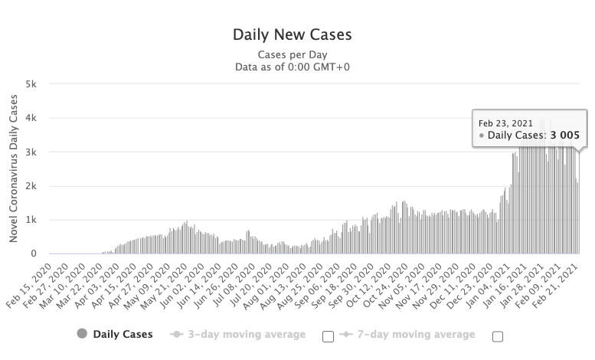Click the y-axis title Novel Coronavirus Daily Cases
pyautogui.click(x=14, y=169)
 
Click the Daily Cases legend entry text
pyautogui.click(x=123, y=334)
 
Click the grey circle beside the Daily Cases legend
pyautogui.click(x=82, y=334)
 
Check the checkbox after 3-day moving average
pyautogui.click(x=329, y=335)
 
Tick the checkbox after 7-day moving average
pyautogui.click(x=497, y=335)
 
